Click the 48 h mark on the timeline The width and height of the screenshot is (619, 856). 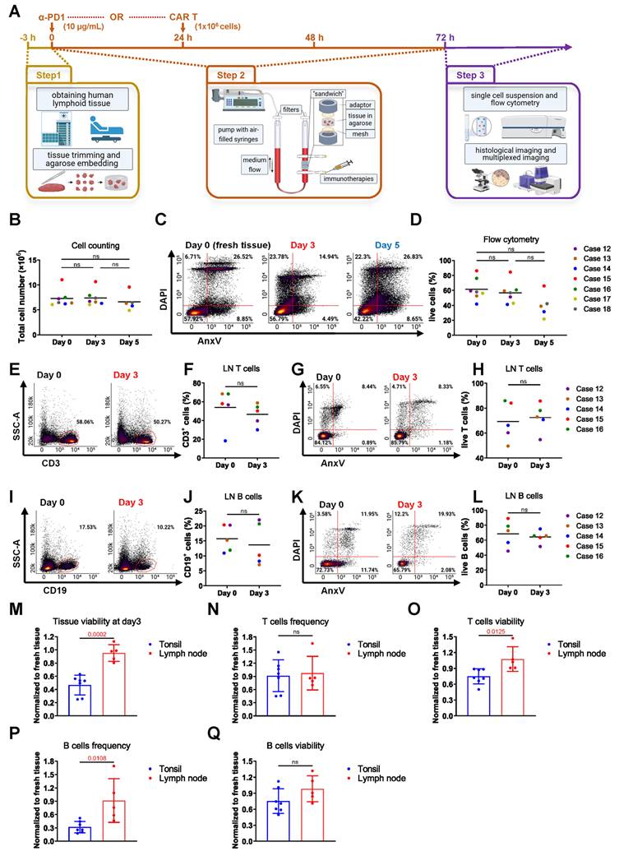(315, 38)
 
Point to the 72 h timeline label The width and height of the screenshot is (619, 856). (445, 38)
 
